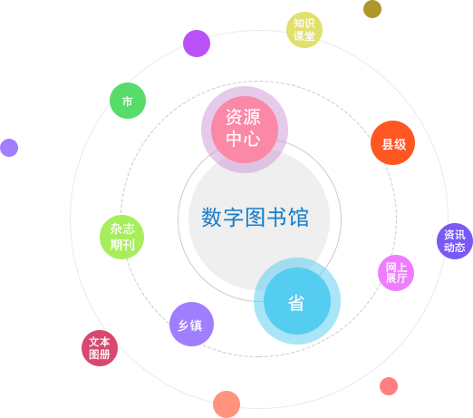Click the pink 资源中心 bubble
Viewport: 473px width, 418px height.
pyautogui.click(x=245, y=130)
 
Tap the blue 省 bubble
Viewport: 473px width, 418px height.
pyautogui.click(x=297, y=301)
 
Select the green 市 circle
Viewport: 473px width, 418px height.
pyautogui.click(x=128, y=101)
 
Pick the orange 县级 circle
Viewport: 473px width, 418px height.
pyautogui.click(x=392, y=142)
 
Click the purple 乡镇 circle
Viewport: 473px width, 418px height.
pyautogui.click(x=191, y=324)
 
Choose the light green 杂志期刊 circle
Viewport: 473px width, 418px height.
pyautogui.click(x=121, y=237)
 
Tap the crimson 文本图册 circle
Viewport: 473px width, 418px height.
pyautogui.click(x=100, y=348)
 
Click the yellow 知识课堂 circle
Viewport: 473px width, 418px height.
pyautogui.click(x=304, y=30)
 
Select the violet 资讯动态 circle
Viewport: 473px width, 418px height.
pyautogui.click(x=455, y=241)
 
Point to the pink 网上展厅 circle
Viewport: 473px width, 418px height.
pyautogui.click(x=396, y=273)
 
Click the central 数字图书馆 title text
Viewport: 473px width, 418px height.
pyautogui.click(x=255, y=217)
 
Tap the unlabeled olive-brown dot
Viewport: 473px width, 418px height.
pyautogui.click(x=372, y=9)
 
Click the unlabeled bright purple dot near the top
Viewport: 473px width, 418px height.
pyautogui.click(x=197, y=44)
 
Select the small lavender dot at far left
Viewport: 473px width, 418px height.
pyautogui.click(x=9, y=148)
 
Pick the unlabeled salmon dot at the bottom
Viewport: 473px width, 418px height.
pyautogui.click(x=227, y=404)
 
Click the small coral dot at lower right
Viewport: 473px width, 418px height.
pyautogui.click(x=389, y=386)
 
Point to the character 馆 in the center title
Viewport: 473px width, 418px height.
pyautogui.click(x=298, y=217)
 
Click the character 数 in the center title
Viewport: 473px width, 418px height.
pyautogui.click(x=211, y=217)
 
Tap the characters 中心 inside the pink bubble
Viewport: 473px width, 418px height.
pyautogui.click(x=243, y=139)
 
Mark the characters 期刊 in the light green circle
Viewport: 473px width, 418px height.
pyautogui.click(x=122, y=245)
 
